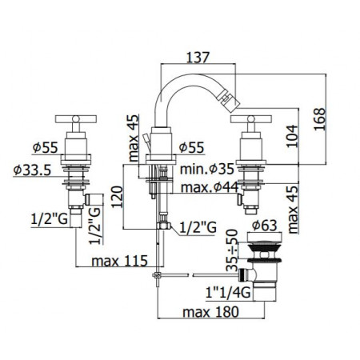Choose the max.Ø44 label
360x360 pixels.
pos(209,187)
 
